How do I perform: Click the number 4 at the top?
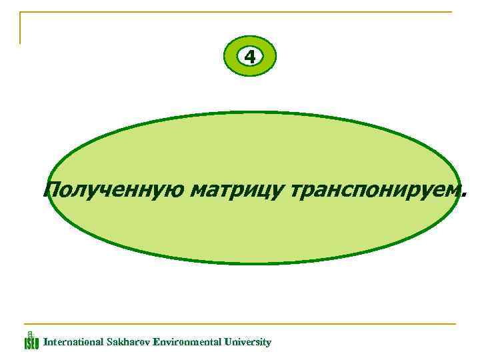(x=250, y=57)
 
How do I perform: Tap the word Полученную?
(x=113, y=191)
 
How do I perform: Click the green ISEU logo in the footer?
(x=31, y=341)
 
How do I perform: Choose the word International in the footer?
(x=73, y=342)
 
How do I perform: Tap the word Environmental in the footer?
(x=188, y=342)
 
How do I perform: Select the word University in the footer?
(x=249, y=342)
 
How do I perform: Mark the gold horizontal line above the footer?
(x=240, y=325)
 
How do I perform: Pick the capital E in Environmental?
(x=156, y=342)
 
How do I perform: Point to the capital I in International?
(x=45, y=342)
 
